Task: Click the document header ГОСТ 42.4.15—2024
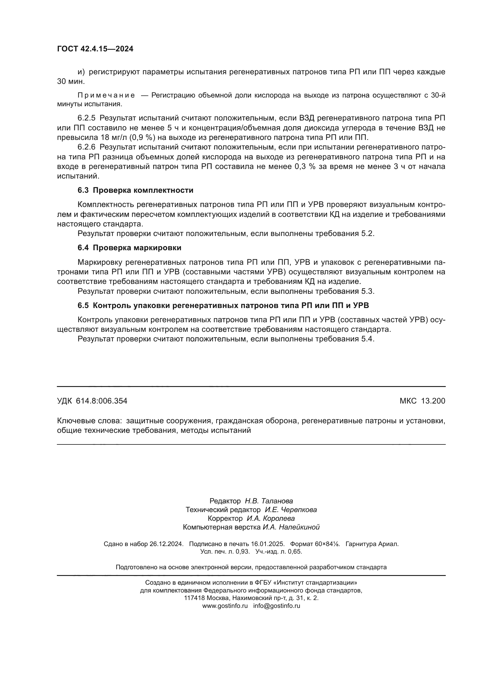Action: pos(95,49)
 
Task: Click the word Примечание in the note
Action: pos(106,95)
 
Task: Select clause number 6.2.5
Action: pos(86,118)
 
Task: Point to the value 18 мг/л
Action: pos(112,138)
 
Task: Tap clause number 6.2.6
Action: pos(86,147)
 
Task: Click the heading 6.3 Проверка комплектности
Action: pos(135,190)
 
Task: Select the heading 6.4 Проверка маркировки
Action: pos(129,248)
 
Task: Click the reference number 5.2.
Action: pos(368,234)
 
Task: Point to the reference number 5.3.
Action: pos(368,291)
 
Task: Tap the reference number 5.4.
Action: pos(368,339)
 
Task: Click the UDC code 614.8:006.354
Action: pos(101,401)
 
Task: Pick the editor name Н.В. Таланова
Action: pos(269,501)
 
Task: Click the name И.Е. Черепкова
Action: pos(290,509)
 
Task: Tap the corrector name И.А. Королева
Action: pos(270,518)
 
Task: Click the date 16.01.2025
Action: pos(268,544)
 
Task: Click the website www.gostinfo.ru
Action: pos(225,606)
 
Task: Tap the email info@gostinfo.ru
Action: pos(276,606)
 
